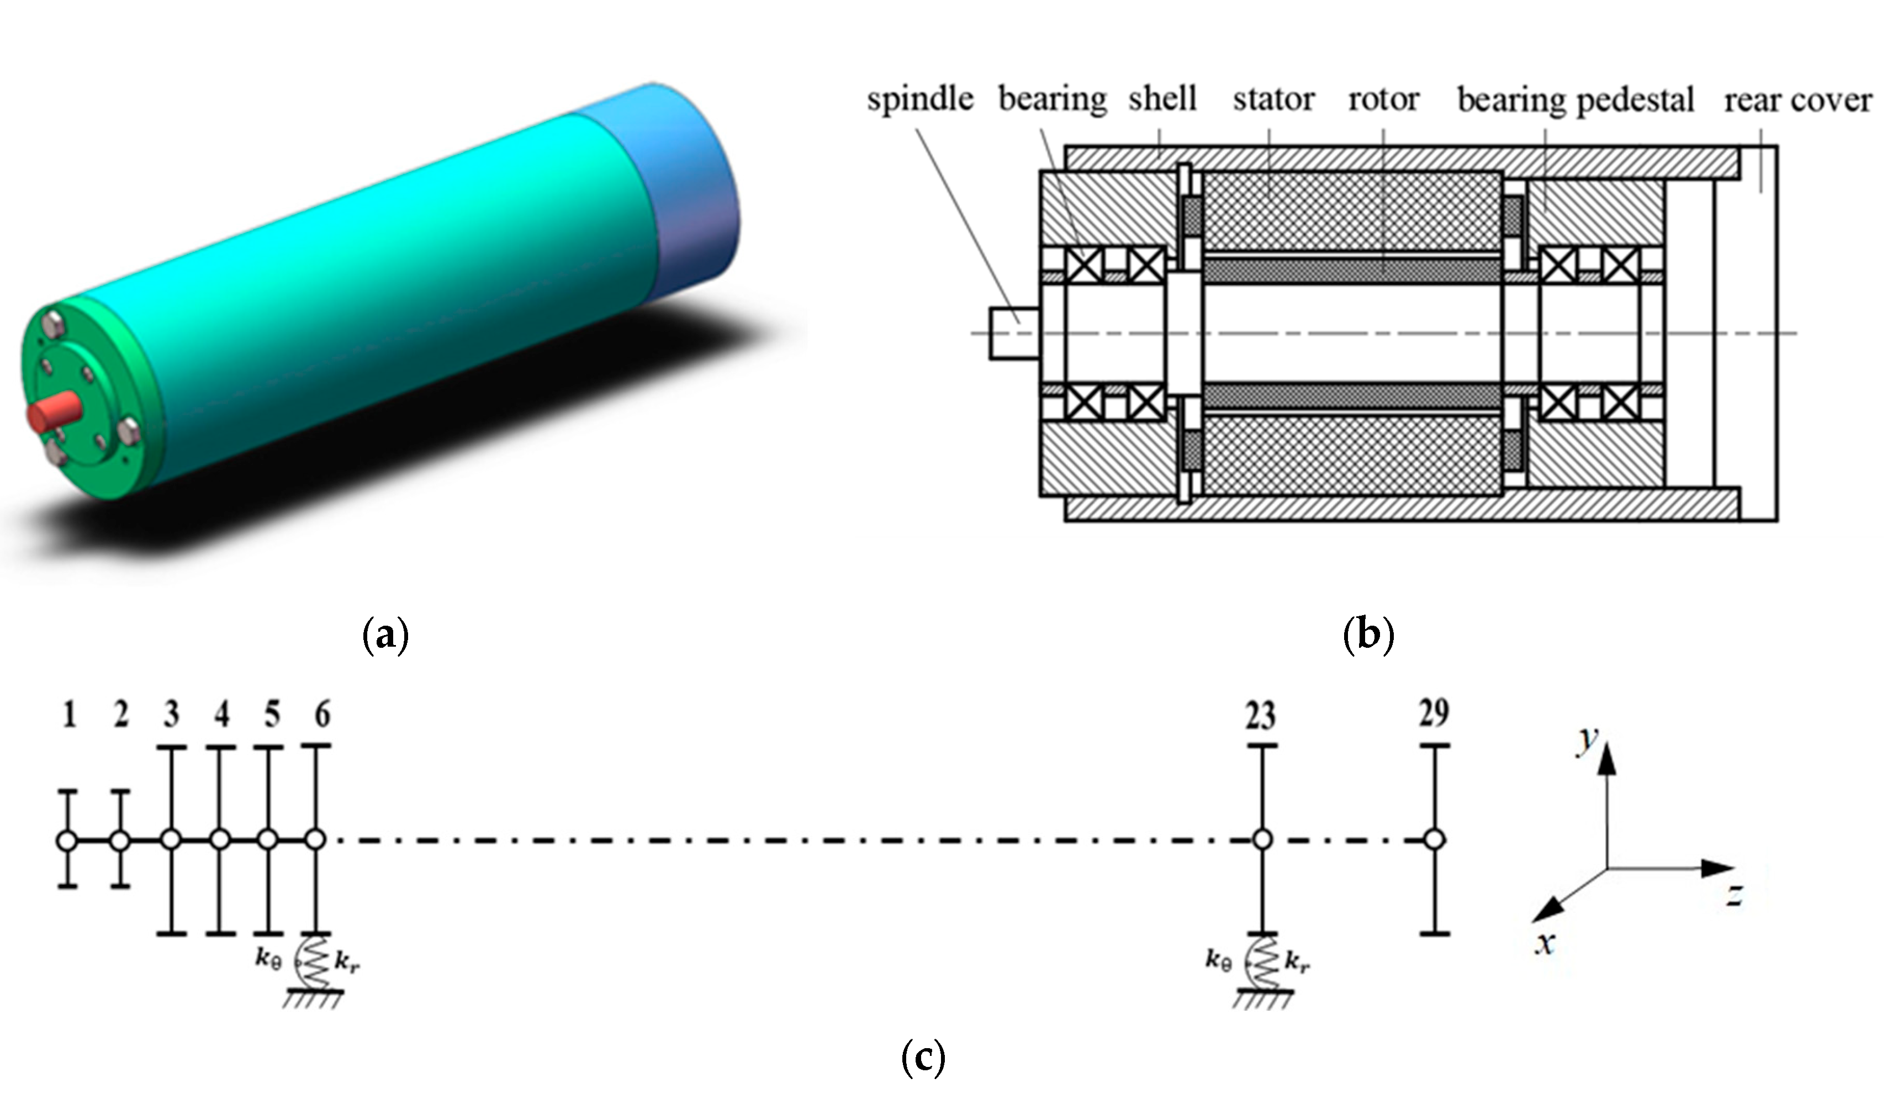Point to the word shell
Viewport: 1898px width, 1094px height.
pos(1162,98)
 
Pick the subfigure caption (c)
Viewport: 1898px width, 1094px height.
pos(922,1057)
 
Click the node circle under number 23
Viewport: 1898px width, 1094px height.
pos(1262,840)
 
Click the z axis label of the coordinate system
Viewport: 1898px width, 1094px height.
pos(1733,895)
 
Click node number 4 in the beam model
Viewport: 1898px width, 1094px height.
pos(221,715)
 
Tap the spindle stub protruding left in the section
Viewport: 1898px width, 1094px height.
pos(1014,333)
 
